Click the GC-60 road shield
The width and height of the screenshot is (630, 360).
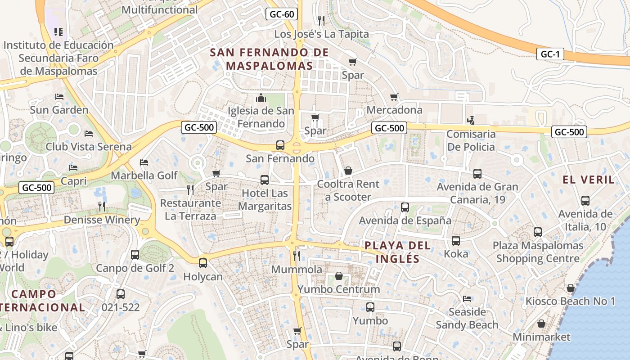pyautogui.click(x=281, y=14)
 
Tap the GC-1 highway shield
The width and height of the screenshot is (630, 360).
pyautogui.click(x=550, y=54)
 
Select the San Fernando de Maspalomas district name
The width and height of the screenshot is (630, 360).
pyautogui.click(x=269, y=59)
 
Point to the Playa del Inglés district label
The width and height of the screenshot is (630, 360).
pyautogui.click(x=397, y=252)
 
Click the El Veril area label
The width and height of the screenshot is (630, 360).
pyautogui.click(x=588, y=180)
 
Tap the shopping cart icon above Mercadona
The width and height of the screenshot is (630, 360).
pyautogui.click(x=394, y=97)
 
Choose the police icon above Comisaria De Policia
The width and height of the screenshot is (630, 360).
pyautogui.click(x=471, y=120)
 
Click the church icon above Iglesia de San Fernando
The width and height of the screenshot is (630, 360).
pyautogui.click(x=261, y=98)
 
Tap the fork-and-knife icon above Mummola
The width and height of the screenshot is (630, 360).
pyautogui.click(x=297, y=256)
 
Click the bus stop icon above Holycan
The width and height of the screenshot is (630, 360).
pyautogui.click(x=203, y=263)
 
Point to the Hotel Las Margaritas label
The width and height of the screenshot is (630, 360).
pyautogui.click(x=265, y=200)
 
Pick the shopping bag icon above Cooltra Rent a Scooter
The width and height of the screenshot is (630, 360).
pyautogui.click(x=348, y=171)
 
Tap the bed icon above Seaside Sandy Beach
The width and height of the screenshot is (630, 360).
pyautogui.click(x=467, y=298)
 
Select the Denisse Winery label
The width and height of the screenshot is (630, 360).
pyautogui.click(x=102, y=220)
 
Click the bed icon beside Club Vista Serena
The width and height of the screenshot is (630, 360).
pyautogui.click(x=89, y=134)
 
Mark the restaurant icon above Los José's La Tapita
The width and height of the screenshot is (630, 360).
pyautogui.click(x=321, y=20)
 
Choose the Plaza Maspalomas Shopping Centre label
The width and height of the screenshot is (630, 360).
pyautogui.click(x=538, y=252)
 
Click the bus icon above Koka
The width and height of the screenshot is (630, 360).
pyautogui.click(x=456, y=240)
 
